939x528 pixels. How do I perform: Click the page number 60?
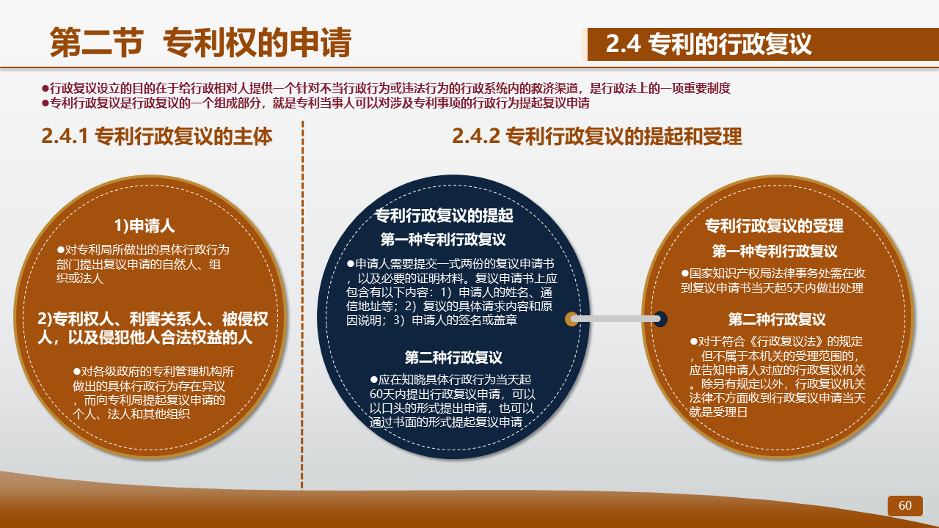pyautogui.click(x=905, y=505)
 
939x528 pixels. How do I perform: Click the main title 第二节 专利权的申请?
pyautogui.click(x=200, y=42)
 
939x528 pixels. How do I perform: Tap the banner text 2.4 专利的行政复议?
pyautogui.click(x=709, y=44)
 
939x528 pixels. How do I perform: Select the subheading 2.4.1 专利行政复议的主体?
pyautogui.click(x=157, y=136)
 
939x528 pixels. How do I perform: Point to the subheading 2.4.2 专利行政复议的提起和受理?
pyautogui.click(x=597, y=136)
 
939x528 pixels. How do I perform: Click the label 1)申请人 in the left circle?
pyautogui.click(x=145, y=225)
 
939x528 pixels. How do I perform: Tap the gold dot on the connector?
pyautogui.click(x=571, y=319)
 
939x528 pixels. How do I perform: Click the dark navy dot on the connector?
pyautogui.click(x=661, y=319)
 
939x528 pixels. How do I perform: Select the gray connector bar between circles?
pyautogui.click(x=615, y=319)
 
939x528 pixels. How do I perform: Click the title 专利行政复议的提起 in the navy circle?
pyautogui.click(x=444, y=216)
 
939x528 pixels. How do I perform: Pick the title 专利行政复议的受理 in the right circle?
pyautogui.click(x=774, y=225)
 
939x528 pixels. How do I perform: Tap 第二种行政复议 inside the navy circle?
pyautogui.click(x=453, y=357)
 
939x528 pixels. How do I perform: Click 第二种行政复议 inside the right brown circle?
pyautogui.click(x=777, y=319)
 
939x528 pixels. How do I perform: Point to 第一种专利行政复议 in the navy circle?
pyautogui.click(x=443, y=239)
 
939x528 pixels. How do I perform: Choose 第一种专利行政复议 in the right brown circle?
pyautogui.click(x=775, y=251)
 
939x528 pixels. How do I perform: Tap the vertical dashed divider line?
pyautogui.click(x=302, y=304)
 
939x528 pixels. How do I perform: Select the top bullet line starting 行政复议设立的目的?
pyautogui.click(x=386, y=88)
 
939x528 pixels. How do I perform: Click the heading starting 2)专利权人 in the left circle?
pyautogui.click(x=153, y=328)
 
